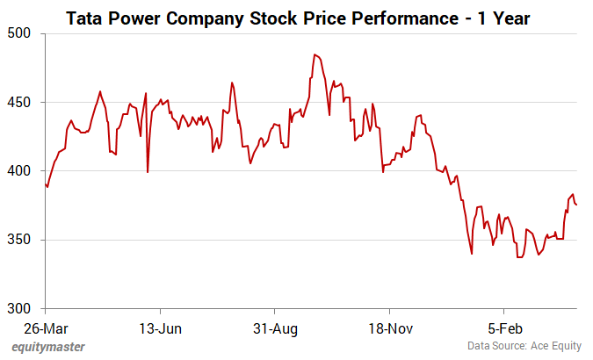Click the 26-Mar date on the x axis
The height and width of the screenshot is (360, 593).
(45, 329)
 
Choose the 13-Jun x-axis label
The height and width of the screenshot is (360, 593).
(160, 329)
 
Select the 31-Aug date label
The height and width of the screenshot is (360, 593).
(274, 329)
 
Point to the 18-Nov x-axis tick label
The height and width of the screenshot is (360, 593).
(388, 329)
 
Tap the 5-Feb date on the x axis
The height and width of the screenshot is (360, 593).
(503, 329)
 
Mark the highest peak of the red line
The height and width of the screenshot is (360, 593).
(315, 54)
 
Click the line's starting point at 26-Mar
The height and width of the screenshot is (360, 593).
(45, 184)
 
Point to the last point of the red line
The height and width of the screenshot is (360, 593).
(576, 205)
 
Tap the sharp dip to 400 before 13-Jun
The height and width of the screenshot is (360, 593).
(147, 171)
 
